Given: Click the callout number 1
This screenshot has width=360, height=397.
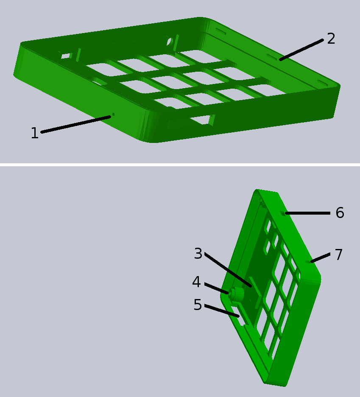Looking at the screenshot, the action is [35, 133].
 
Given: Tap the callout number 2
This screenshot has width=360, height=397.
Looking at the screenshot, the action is [331, 39].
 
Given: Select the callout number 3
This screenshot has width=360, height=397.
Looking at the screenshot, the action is [198, 254].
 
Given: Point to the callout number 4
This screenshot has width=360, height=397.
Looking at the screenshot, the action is [196, 282].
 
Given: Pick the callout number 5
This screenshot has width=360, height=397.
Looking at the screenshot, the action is [198, 305].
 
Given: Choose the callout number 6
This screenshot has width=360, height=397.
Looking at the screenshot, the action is [340, 212].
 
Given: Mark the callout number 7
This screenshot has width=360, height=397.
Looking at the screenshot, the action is [339, 254].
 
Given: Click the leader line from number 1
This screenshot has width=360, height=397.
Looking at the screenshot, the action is [76, 124].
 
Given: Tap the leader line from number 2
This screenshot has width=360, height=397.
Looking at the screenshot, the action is [301, 50].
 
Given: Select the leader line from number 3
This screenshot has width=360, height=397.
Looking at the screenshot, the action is [228, 270].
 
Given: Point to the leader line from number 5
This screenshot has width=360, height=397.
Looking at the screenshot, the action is [222, 311].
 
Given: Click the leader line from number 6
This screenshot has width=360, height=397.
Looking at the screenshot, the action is [307, 213].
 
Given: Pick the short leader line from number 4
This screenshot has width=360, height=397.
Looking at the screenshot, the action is [216, 288].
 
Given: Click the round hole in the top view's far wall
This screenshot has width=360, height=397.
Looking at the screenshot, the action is [169, 41].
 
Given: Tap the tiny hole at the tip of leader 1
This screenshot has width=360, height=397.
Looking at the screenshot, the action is [113, 115].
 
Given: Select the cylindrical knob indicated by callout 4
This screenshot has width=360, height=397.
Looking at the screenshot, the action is [237, 294].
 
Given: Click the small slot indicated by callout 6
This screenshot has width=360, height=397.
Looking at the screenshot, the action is [283, 213].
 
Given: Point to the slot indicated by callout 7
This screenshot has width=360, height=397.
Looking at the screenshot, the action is [308, 262].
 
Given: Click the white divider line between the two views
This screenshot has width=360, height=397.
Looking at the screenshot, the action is [180, 165].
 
